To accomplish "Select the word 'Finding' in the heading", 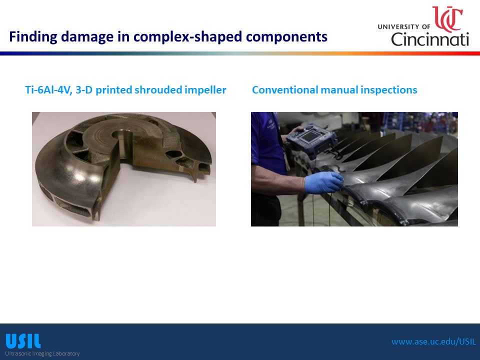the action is (x=33, y=36).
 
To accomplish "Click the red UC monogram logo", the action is (x=447, y=19).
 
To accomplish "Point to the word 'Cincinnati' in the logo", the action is (x=430, y=39).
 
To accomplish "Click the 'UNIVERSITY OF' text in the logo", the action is (x=404, y=27).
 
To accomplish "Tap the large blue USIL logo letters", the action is (x=23, y=341).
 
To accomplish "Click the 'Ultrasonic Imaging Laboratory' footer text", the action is (x=42, y=353).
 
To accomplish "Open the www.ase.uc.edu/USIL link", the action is (x=434, y=341).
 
